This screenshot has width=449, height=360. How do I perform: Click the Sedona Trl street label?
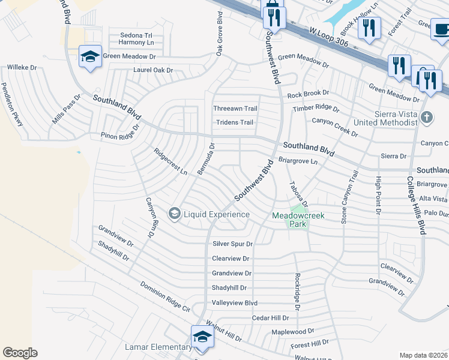coord(137,35)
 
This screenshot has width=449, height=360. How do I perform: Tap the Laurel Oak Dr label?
coord(152,70)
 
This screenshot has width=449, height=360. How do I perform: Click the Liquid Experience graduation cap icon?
coord(175,214)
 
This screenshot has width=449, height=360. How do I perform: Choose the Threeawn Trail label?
coord(235,109)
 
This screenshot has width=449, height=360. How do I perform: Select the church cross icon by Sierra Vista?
coord(427,116)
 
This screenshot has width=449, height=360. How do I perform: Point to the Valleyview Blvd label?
coord(235,303)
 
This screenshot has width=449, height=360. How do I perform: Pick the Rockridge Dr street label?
coord(297,292)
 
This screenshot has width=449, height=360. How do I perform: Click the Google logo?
coord(20,353)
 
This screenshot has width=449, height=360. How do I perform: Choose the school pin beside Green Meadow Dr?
coord(90,57)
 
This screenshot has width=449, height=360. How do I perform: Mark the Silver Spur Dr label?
coord(233,244)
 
